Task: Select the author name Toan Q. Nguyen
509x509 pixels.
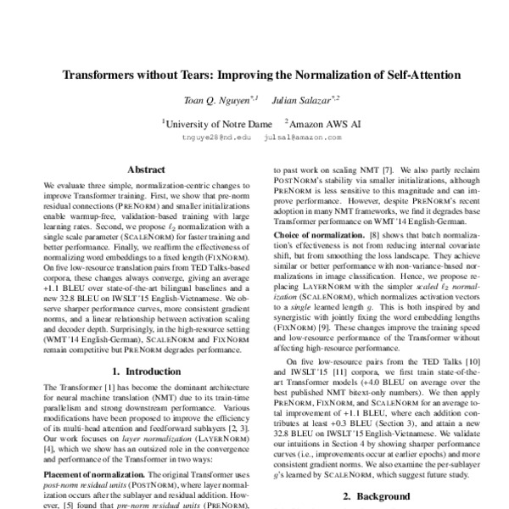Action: (211, 101)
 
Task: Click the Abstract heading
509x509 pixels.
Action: (144, 170)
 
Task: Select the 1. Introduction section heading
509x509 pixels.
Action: (144, 371)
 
